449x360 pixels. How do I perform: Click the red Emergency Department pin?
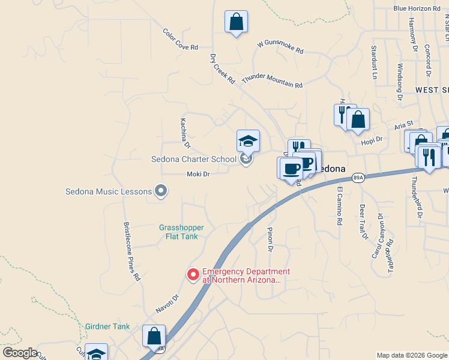click(x=193, y=275)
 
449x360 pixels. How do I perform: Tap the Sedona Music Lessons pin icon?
click(x=160, y=191)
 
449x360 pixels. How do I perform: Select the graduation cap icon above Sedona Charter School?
click(x=248, y=141)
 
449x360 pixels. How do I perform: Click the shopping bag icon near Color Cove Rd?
click(x=236, y=22)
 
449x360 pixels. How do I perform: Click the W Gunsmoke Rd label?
click(x=280, y=46)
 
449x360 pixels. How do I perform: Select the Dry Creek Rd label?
click(x=221, y=69)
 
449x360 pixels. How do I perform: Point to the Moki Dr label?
click(x=197, y=174)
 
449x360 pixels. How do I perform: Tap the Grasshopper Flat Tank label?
click(x=181, y=232)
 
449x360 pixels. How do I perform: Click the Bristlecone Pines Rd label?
click(x=132, y=252)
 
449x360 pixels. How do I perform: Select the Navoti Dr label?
click(x=167, y=300)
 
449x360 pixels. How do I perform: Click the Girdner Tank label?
click(x=107, y=327)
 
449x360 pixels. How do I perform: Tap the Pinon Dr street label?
click(x=270, y=239)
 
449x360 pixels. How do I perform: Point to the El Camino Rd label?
click(x=339, y=205)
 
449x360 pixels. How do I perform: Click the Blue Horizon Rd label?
click(x=417, y=8)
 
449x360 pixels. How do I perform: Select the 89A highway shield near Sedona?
click(x=358, y=178)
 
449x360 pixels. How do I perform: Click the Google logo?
click(x=20, y=353)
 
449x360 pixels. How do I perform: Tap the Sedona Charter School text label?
click(x=193, y=160)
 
